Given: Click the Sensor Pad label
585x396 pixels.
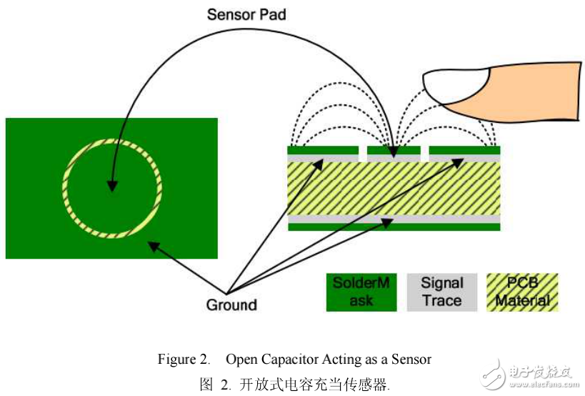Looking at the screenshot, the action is coord(246,14).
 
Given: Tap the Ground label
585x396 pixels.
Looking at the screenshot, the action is coord(231,305).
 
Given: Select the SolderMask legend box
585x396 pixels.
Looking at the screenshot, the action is coord(361,292).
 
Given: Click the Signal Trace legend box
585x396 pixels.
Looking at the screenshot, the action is coord(441,292).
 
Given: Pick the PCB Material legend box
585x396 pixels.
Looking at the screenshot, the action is coord(522,292).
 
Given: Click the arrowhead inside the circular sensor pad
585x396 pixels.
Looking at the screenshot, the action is coord(112,186).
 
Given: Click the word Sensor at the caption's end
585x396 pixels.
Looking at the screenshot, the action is coord(411,359).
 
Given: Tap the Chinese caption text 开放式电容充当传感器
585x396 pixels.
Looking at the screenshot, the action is coord(313,384).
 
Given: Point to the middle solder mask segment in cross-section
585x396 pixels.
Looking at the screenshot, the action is coord(394,150).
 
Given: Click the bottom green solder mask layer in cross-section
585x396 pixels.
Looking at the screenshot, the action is coord(394,227).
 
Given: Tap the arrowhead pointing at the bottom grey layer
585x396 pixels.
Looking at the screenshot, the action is coord(386,223).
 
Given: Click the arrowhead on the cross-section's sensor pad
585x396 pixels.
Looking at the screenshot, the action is coord(394,153).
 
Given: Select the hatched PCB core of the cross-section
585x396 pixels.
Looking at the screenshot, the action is coord(394,188).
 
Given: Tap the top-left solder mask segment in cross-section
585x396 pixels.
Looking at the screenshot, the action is coord(323,150).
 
